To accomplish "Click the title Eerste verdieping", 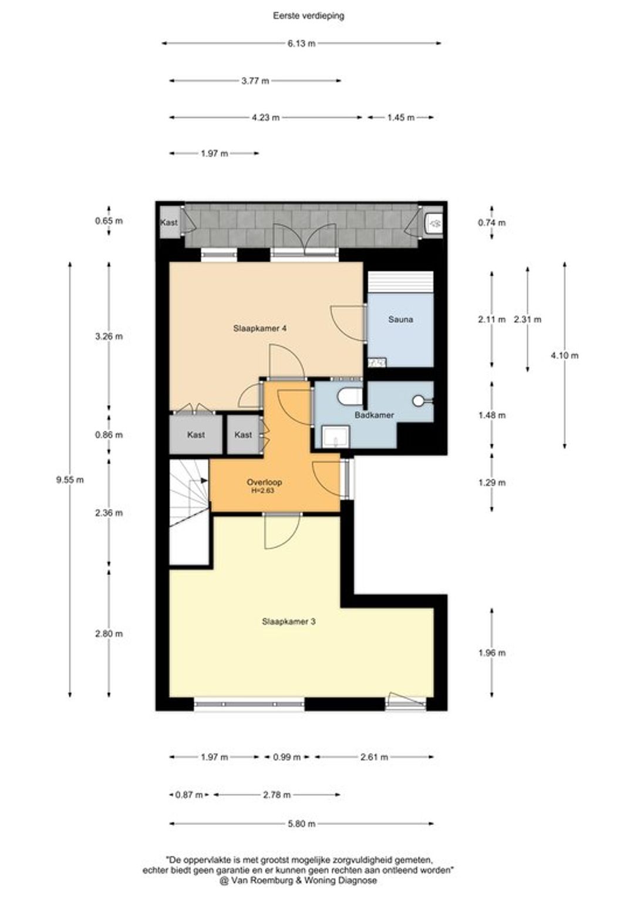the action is pos(308,16).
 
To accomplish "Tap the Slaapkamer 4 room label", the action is pos(259,328).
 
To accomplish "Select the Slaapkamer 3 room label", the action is pos(289,622).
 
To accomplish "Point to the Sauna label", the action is pos(400,319).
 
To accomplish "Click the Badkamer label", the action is pos(374,415).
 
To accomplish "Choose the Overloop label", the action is pos(264,483).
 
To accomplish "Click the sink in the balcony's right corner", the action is pos(433,222).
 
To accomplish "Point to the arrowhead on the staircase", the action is pos(205,481).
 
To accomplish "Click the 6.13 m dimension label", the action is pos(301,43).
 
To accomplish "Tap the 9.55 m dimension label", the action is pos(70,480).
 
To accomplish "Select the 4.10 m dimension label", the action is pos(564,356).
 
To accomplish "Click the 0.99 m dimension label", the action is pos(286,757).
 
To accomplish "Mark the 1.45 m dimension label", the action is pos(400,118).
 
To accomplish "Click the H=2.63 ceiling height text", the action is pos(263,490).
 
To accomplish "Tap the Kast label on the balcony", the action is pos(168,222).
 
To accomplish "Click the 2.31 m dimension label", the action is pos(528,319).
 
